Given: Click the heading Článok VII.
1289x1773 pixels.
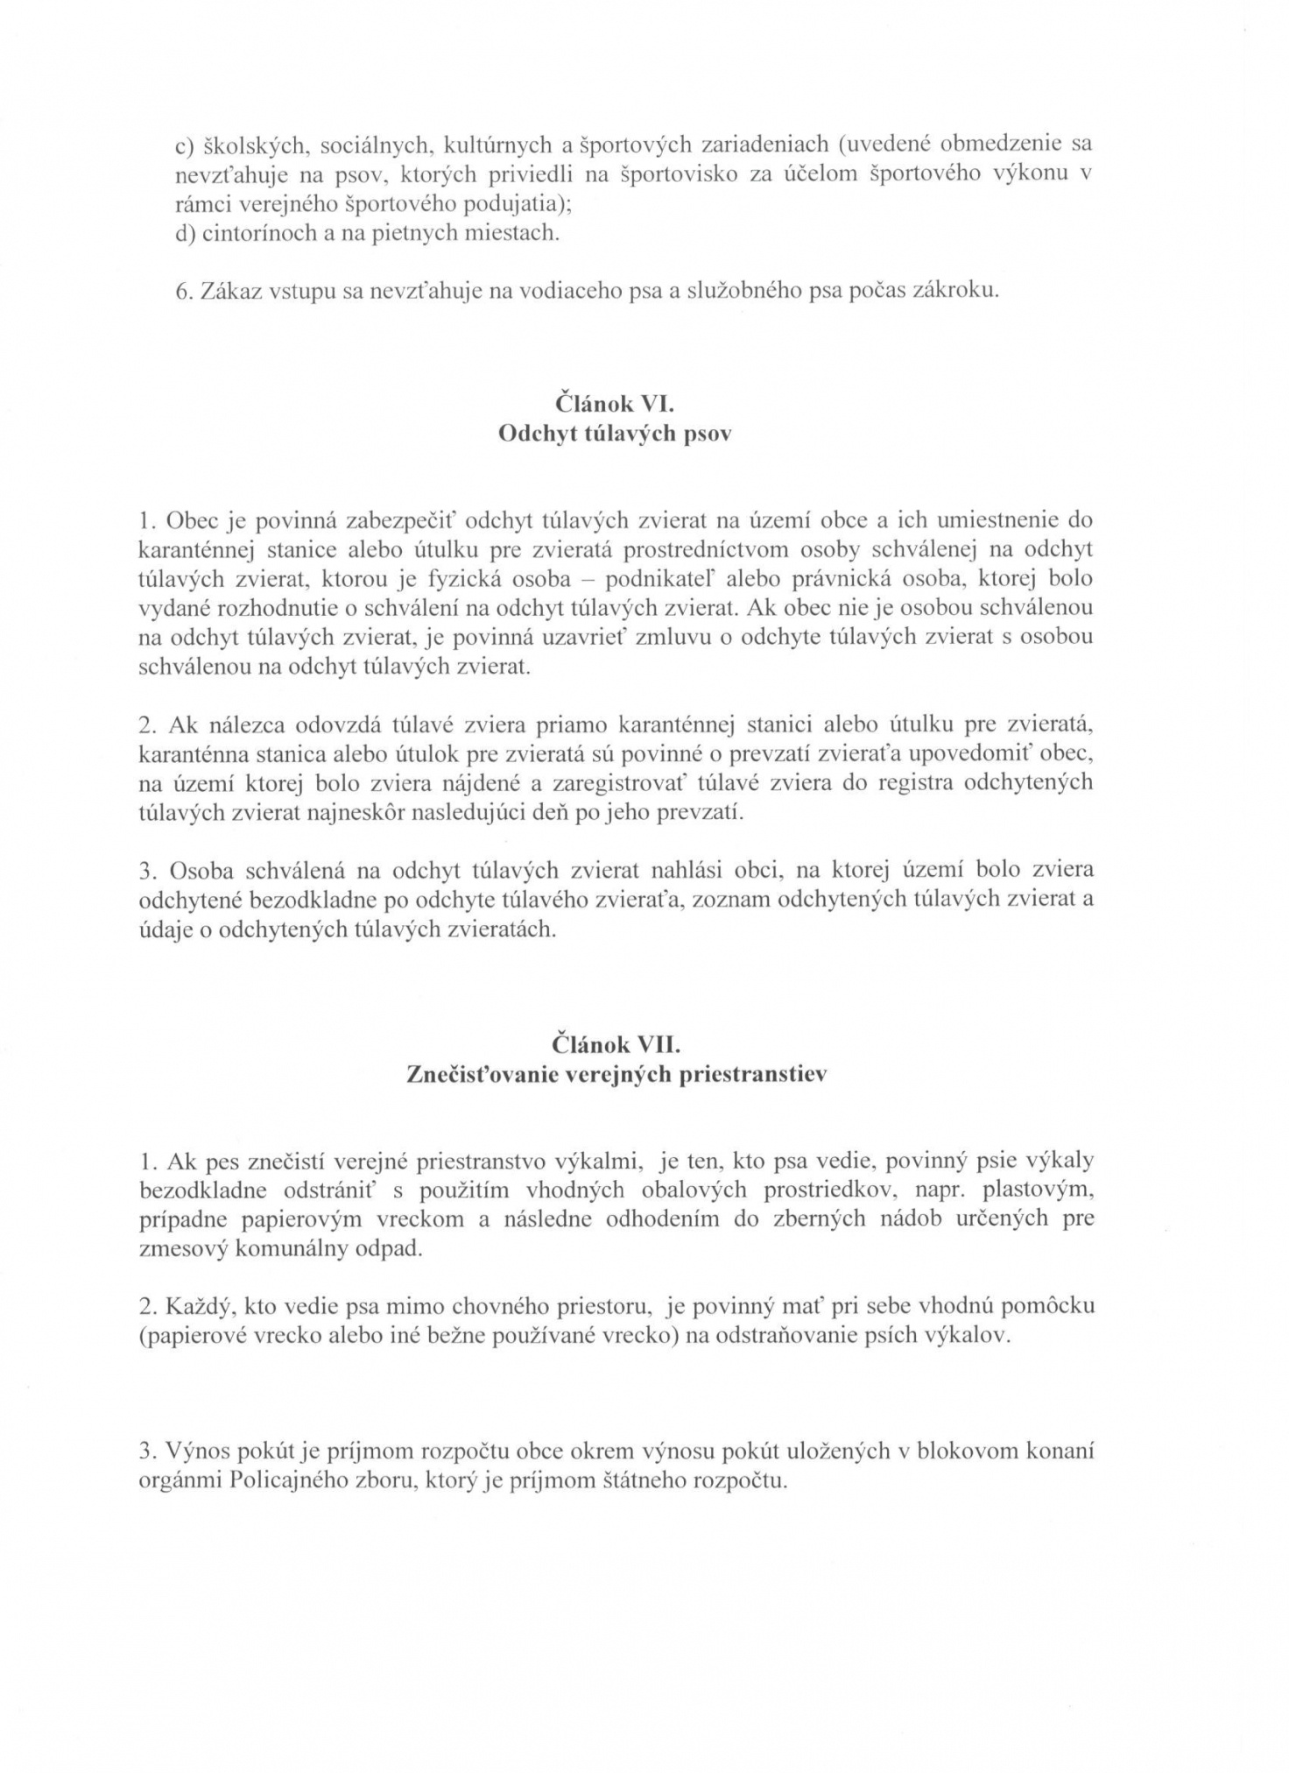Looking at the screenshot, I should [x=616, y=1045].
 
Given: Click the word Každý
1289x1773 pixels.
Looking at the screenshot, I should [x=193, y=1307].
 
